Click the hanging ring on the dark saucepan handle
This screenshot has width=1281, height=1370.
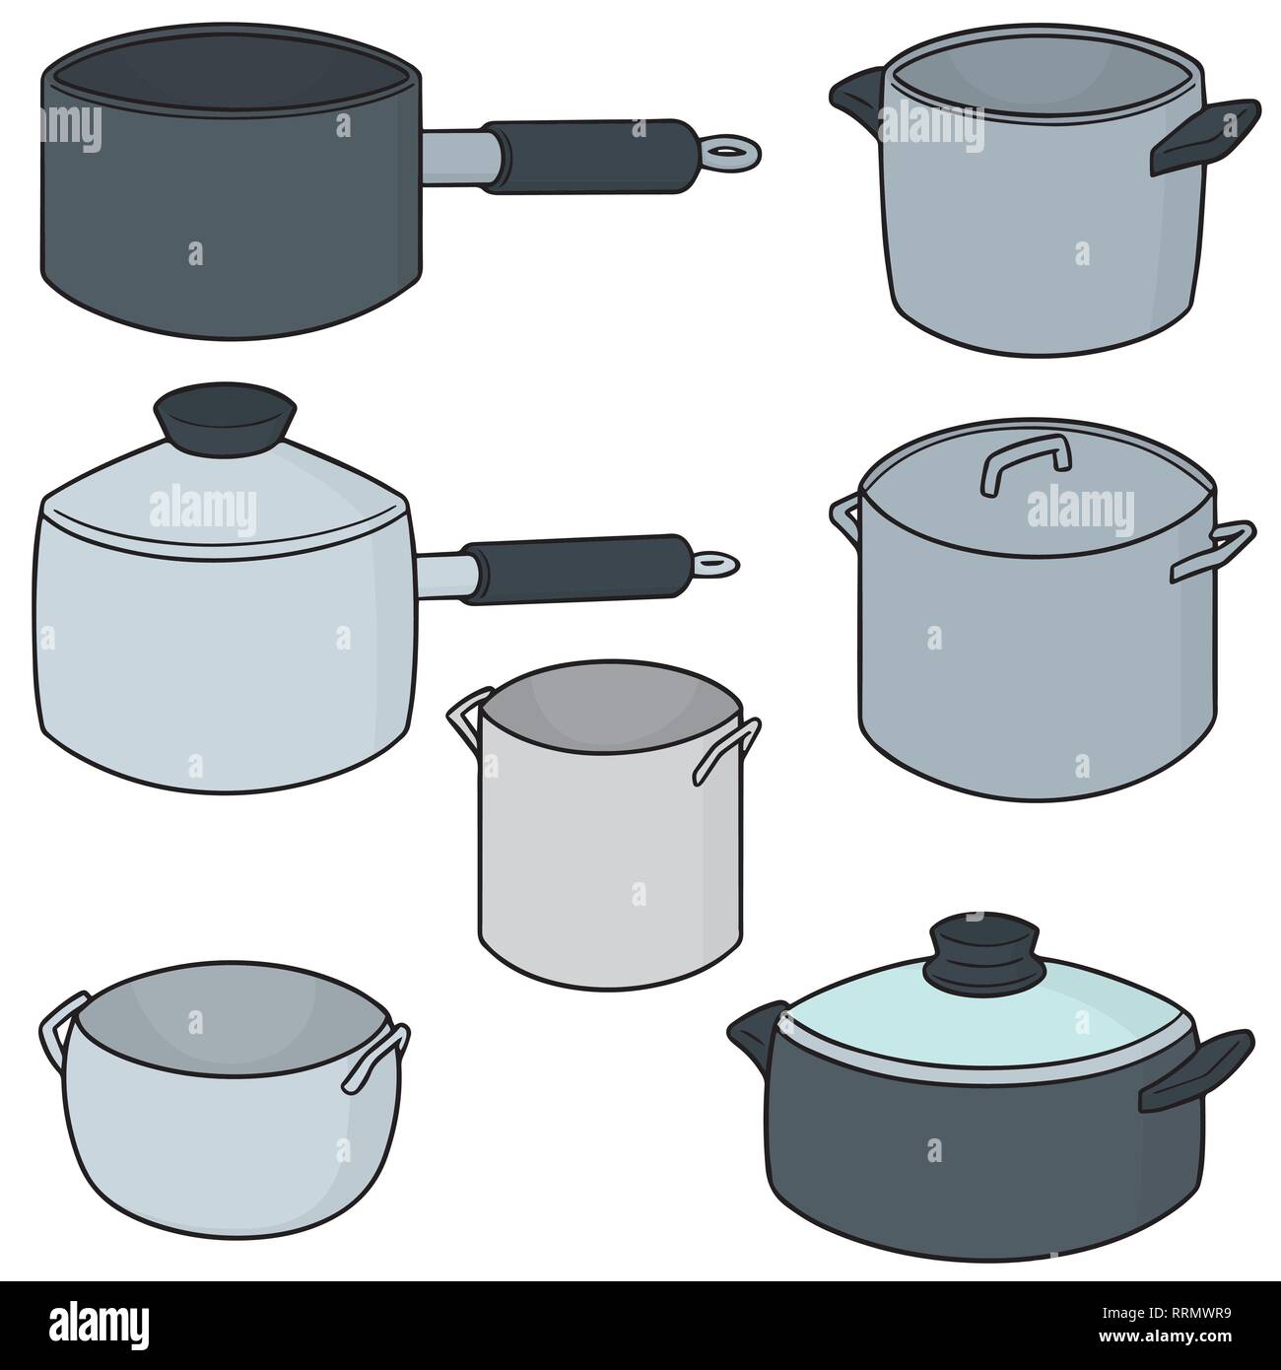coord(733,151)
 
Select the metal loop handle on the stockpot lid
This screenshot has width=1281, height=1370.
coord(1025,459)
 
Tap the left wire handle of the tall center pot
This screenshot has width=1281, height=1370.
coord(463,721)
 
